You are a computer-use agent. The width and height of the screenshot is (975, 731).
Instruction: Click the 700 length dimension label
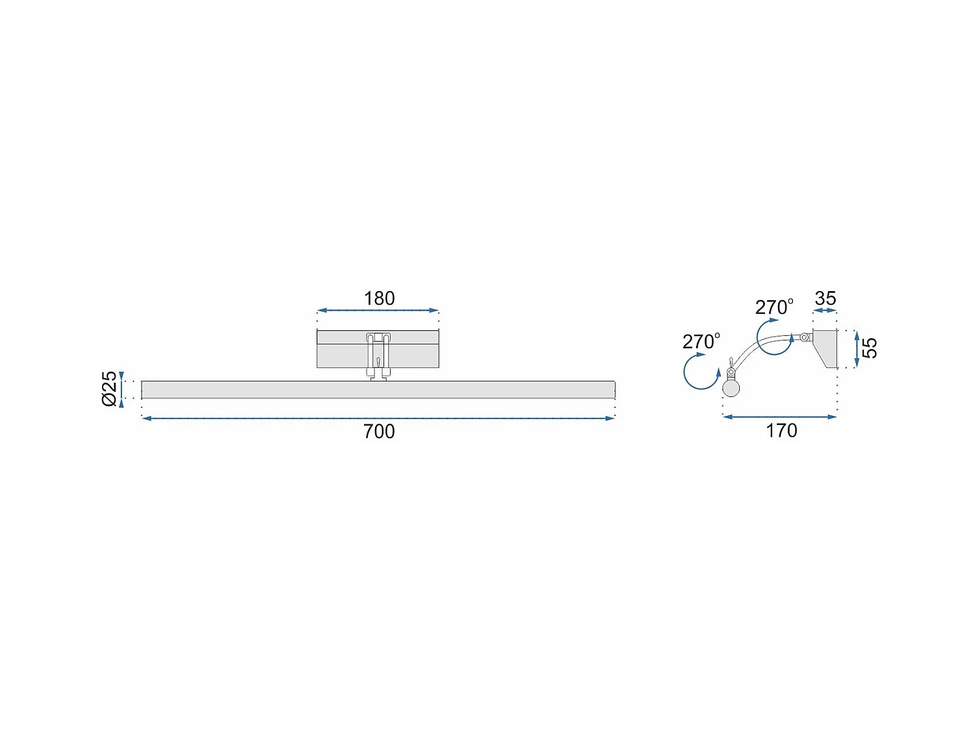point(379,431)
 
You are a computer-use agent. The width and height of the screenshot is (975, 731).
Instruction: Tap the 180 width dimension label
point(379,298)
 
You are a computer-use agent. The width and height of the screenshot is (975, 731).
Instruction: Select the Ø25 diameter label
point(109,389)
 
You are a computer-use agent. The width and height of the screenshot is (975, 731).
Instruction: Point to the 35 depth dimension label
point(825,298)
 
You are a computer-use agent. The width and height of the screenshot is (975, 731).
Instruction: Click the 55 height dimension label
point(869,348)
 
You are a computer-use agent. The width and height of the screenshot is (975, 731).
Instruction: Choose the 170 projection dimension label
point(782,431)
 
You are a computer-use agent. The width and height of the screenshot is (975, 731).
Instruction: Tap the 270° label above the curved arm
point(774,307)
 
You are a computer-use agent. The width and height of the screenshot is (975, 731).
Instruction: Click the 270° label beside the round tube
point(701,341)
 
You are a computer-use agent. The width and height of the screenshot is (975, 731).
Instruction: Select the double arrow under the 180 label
point(378,310)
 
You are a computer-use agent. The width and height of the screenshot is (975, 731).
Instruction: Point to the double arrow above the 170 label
point(779,417)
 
